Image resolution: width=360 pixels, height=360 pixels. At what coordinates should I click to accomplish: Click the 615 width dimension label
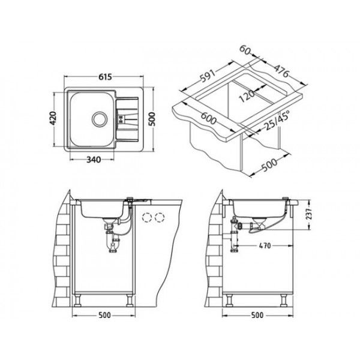105,77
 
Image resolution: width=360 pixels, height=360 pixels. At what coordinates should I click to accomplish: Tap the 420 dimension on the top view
53,118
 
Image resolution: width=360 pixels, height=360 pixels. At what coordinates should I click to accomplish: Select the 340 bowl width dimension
94,160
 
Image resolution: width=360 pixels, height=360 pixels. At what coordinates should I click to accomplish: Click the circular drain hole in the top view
100,119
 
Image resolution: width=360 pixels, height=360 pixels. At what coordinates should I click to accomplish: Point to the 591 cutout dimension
208,75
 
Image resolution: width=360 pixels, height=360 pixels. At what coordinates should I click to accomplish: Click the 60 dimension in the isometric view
245,50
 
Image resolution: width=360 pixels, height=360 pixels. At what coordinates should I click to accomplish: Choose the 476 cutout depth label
281,71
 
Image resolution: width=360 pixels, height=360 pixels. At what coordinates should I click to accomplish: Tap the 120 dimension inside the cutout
247,96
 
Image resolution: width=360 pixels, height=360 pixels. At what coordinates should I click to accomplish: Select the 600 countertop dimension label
209,118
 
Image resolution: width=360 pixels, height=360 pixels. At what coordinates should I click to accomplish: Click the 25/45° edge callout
277,121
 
